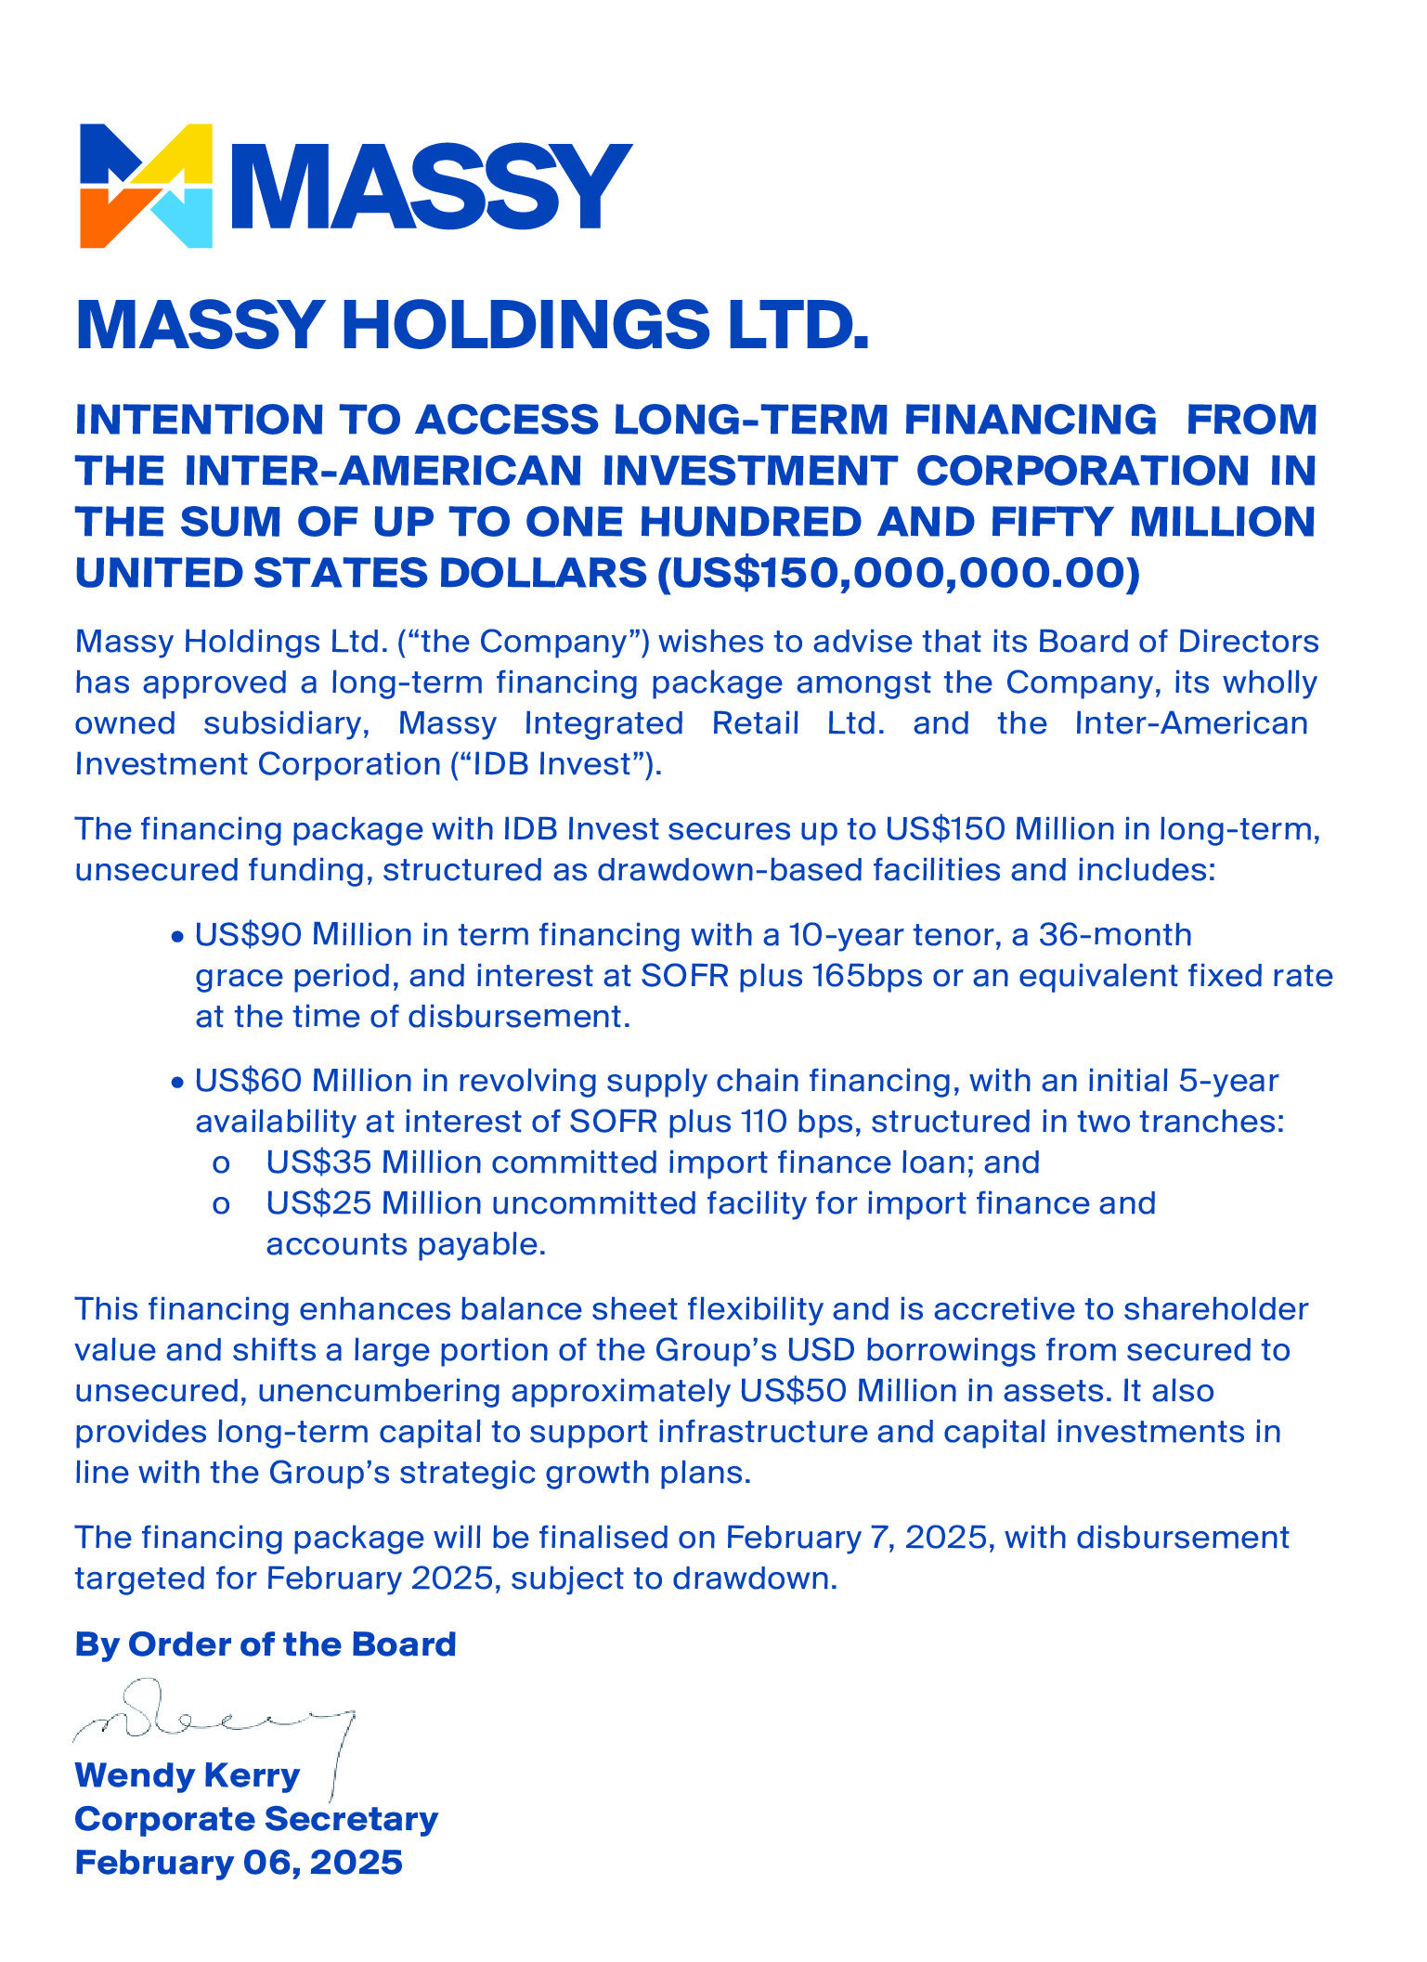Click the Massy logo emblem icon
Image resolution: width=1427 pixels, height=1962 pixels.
click(x=147, y=186)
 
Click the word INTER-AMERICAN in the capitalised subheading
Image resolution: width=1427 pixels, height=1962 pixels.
click(x=383, y=470)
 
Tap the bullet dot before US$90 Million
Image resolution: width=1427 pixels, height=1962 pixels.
click(x=177, y=937)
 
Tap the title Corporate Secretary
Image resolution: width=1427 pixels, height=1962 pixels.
click(x=256, y=1819)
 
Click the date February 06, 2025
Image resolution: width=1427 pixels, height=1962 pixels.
click(x=239, y=1863)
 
